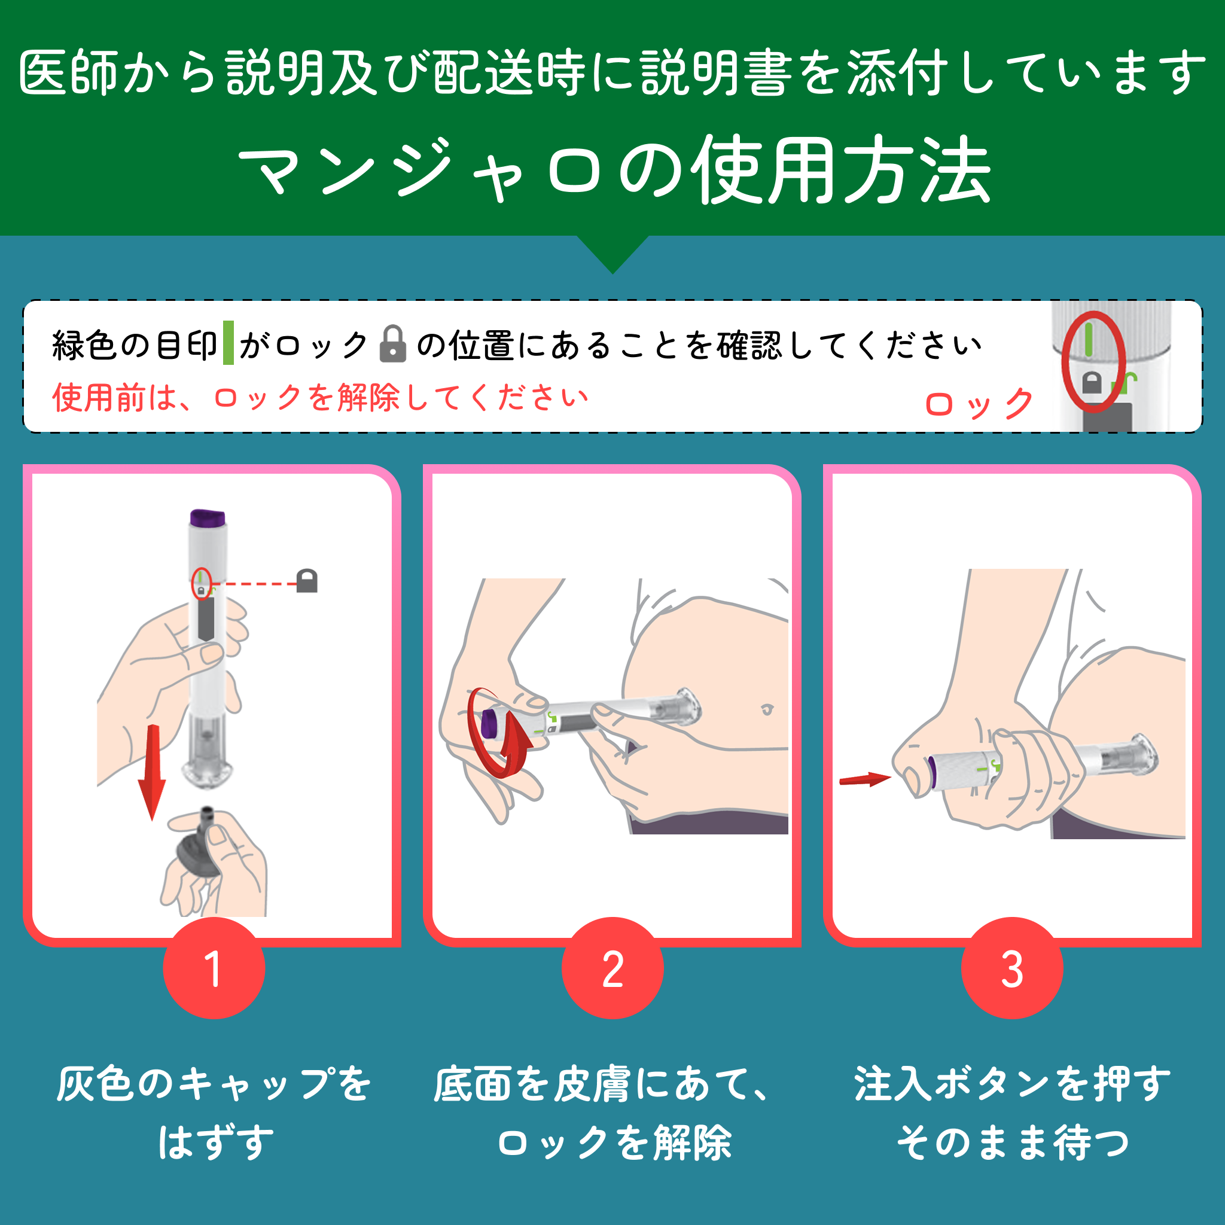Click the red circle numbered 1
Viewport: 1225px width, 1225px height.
(214, 968)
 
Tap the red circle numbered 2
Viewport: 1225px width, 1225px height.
(612, 968)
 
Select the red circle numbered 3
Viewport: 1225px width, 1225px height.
(1012, 968)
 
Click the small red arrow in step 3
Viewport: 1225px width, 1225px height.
(865, 779)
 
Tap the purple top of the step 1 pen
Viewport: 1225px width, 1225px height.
(208, 517)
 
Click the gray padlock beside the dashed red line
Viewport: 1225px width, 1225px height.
(307, 581)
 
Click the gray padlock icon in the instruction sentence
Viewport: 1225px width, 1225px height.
(392, 344)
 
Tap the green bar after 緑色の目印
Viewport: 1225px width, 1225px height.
(228, 343)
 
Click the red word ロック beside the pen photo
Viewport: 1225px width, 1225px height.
(980, 404)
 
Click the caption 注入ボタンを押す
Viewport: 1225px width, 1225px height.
(1012, 1084)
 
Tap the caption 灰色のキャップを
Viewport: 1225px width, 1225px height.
(214, 1084)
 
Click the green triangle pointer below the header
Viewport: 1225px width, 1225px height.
(612, 252)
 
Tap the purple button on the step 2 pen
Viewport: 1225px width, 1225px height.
(489, 724)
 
